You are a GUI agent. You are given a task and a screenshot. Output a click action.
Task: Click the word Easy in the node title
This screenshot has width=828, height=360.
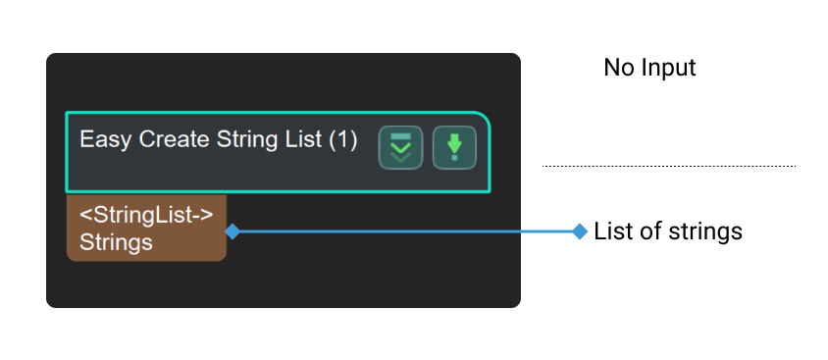coord(99,139)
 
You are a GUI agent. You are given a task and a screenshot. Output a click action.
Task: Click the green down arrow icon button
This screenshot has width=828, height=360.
coord(454,148)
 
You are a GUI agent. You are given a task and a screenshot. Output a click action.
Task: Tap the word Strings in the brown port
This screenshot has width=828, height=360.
coord(116,241)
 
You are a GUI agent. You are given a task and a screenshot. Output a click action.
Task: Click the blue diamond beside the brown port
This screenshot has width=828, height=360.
coord(233,231)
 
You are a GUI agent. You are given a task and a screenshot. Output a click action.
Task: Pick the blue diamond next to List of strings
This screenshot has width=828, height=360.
coord(579,231)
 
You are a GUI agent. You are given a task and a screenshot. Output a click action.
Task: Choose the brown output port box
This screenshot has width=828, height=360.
coord(146,228)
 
